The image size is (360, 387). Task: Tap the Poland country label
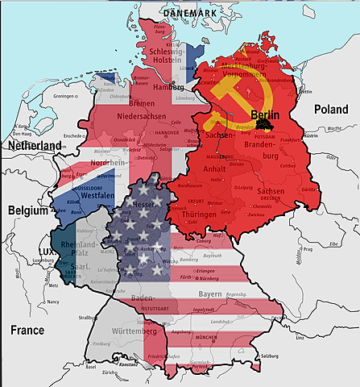coord(331,108)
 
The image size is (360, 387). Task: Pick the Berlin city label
coord(265,115)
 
